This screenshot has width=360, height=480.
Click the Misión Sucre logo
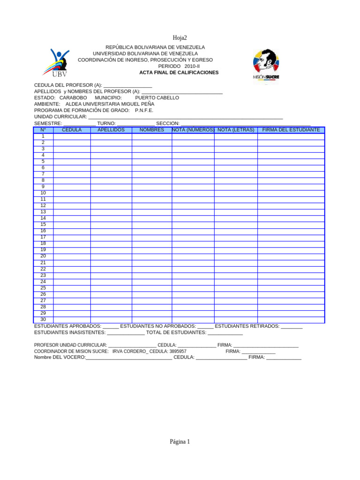[266, 65]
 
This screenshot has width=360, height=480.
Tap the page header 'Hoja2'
[180, 38]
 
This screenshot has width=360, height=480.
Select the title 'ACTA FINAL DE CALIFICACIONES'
[179, 73]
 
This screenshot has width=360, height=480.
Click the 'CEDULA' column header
[72, 130]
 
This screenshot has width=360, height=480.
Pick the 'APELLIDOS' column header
[111, 130]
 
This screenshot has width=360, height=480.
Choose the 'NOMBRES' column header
[152, 130]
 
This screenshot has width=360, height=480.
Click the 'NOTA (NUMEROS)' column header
[193, 130]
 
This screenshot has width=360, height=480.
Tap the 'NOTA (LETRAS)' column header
[236, 130]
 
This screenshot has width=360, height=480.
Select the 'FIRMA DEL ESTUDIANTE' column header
[291, 130]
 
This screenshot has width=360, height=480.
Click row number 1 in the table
[43, 136]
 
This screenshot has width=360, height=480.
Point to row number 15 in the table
[43, 225]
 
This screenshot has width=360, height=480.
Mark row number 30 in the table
[43, 319]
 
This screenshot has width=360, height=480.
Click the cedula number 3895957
[178, 351]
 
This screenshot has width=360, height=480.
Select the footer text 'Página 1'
[180, 442]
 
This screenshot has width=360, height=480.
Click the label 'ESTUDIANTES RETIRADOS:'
[247, 326]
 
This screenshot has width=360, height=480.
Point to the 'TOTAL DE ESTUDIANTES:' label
[176, 332]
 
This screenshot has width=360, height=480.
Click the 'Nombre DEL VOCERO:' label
[60, 357]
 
